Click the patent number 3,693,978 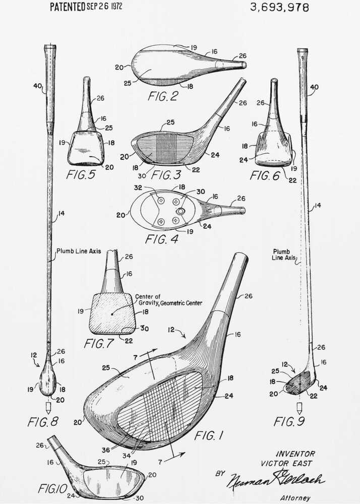point(279,7)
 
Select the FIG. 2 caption point(163,96)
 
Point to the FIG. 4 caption point(161,239)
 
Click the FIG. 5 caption point(83,175)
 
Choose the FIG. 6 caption point(267,175)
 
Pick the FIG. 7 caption point(100,344)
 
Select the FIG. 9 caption point(290,421)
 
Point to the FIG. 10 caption point(50,488)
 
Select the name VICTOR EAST point(286,463)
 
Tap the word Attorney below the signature point(295,498)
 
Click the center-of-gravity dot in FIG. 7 point(112,313)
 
